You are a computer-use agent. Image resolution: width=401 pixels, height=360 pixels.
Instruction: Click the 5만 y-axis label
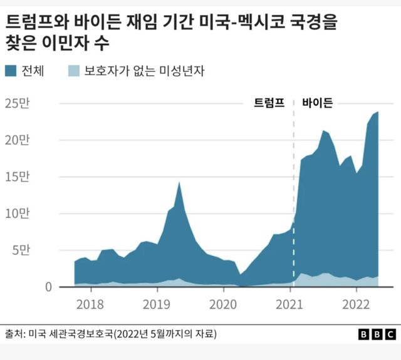[20, 250]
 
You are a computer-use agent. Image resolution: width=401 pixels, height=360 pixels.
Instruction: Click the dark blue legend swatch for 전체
[13, 71]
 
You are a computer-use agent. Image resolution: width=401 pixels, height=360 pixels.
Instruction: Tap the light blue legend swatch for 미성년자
[73, 71]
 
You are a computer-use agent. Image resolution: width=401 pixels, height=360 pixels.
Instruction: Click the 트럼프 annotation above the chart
[269, 104]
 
